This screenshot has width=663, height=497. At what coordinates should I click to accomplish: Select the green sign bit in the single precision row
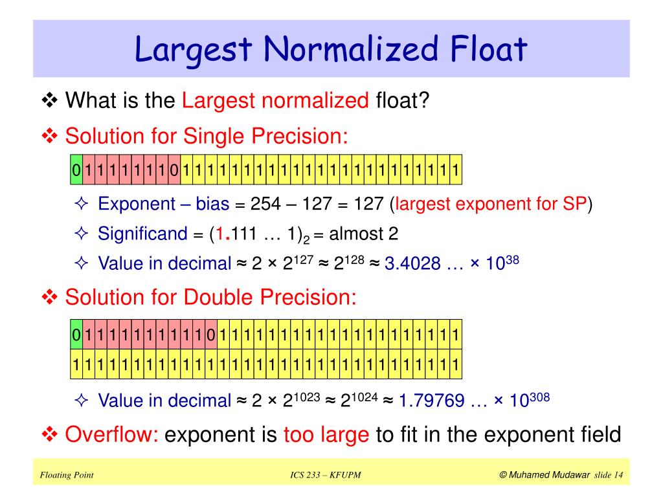tap(76, 171)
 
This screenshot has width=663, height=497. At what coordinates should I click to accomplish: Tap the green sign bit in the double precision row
tap(76, 335)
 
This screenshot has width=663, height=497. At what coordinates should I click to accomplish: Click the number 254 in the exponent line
tap(267, 204)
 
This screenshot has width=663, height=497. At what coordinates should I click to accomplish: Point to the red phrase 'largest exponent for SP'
tap(491, 204)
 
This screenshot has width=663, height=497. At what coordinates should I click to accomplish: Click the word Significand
tap(142, 234)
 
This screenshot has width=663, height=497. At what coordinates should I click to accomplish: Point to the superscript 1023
tap(308, 395)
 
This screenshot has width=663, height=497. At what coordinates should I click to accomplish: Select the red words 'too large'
tap(326, 434)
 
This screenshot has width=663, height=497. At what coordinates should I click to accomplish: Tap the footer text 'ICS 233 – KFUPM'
tap(326, 476)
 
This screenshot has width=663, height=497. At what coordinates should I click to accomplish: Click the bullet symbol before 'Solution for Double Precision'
tap(50, 298)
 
